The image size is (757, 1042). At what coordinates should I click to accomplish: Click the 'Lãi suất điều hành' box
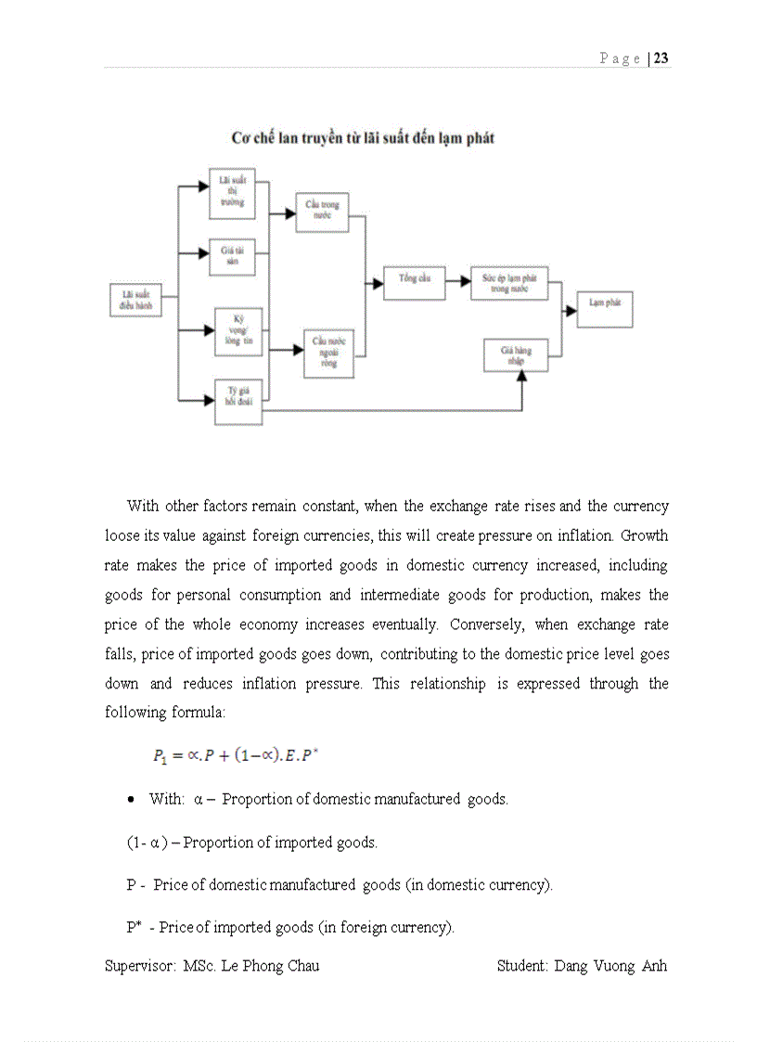click(x=135, y=299)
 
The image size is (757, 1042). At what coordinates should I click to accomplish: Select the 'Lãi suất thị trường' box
click(x=232, y=194)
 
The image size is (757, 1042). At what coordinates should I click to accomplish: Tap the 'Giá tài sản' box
click(x=232, y=256)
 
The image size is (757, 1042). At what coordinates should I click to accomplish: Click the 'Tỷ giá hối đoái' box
click(x=238, y=402)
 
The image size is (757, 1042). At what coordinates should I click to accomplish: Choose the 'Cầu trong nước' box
click(x=322, y=212)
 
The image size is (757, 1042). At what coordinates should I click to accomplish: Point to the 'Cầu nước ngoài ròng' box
click(x=328, y=354)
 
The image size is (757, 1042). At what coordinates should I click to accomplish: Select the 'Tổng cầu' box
click(x=414, y=282)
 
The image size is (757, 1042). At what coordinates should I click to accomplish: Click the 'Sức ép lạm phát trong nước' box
click(x=508, y=283)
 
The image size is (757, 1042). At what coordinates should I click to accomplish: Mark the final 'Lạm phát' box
click(x=605, y=308)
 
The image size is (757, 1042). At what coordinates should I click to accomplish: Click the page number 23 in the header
click(x=661, y=58)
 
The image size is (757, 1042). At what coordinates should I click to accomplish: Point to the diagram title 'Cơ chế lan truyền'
click(x=363, y=138)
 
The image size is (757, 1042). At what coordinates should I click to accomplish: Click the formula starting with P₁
click(x=236, y=755)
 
